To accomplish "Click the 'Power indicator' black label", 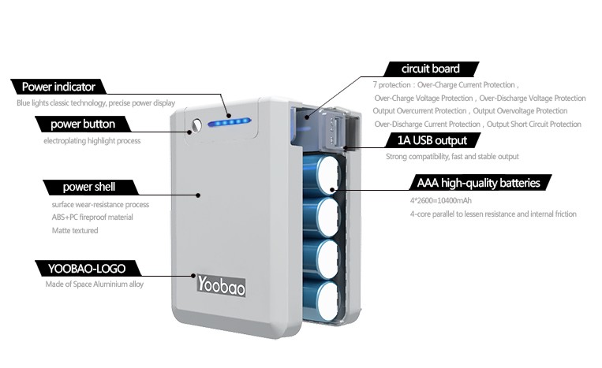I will click(58, 87).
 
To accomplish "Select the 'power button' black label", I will click(82, 125).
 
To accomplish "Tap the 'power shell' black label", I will click(88, 187).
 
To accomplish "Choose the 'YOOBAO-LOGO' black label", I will click(81, 268).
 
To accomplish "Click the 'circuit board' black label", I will click(430, 69).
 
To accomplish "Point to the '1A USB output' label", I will click(433, 140).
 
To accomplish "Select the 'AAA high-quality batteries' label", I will click(478, 183).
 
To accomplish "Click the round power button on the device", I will click(196, 123).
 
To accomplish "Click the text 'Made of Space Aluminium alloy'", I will click(94, 284).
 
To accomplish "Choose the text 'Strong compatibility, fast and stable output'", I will click(451, 157).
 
